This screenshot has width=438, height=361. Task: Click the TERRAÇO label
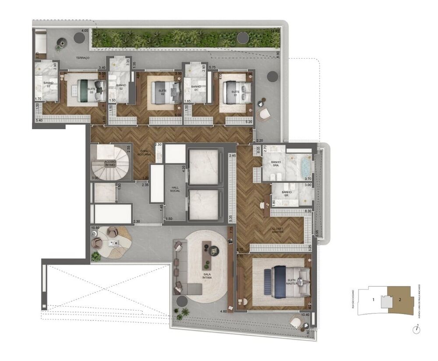click(x=82, y=58)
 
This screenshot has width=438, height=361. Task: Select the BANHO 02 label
click(x=121, y=86)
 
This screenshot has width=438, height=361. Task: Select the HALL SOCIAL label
click(x=175, y=189)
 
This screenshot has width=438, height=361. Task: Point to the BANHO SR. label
click(x=287, y=194)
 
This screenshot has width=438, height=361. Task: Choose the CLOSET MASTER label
click(x=277, y=230)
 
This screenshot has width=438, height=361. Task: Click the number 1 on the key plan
click(x=373, y=300)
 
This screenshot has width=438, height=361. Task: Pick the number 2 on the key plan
click(x=399, y=300)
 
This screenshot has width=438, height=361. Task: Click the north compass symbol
click(x=416, y=330)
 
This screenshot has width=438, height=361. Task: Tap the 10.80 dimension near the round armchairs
click(x=95, y=228)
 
